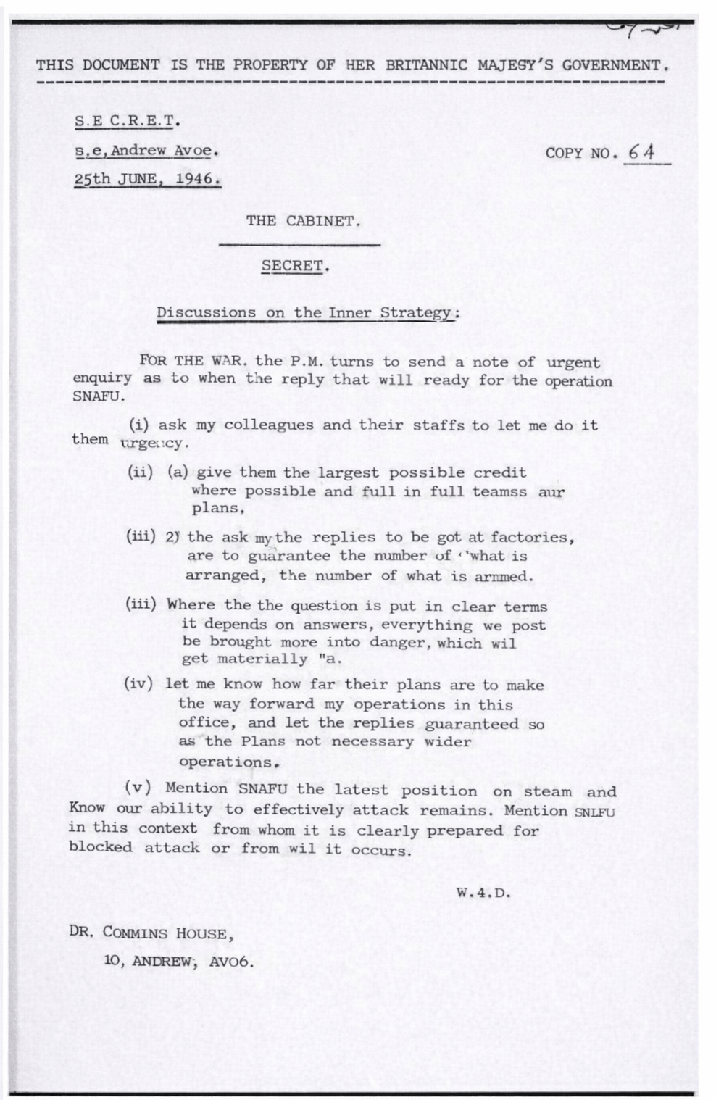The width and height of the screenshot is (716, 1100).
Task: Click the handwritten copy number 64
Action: point(641,153)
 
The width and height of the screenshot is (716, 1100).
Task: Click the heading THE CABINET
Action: point(302,221)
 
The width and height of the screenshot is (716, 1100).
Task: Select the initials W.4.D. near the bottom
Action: point(483,893)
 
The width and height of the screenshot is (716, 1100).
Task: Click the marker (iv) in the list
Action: point(138,684)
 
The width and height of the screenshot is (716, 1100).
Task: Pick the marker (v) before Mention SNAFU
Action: point(138,788)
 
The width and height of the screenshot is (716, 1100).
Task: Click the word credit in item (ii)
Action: point(500,472)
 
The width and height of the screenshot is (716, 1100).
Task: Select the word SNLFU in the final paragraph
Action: point(594,812)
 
